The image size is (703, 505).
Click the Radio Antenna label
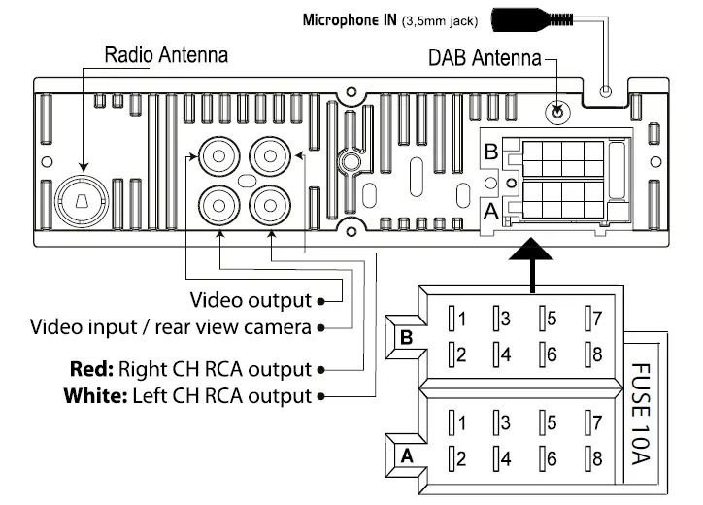[166, 54]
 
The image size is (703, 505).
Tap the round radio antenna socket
[83, 198]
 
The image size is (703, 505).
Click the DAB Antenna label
[485, 57]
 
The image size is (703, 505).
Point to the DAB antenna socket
[557, 112]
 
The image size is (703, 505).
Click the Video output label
[251, 299]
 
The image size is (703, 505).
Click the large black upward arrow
[531, 262]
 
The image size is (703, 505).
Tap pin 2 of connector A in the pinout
[457, 458]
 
